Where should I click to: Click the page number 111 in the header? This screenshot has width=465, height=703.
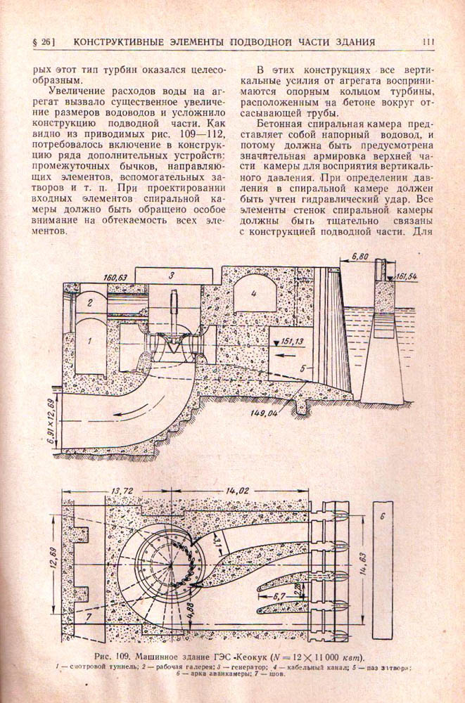click(x=429, y=42)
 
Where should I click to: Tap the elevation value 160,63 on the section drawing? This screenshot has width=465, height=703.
click(x=115, y=278)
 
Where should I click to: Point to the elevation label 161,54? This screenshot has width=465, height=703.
click(x=406, y=278)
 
